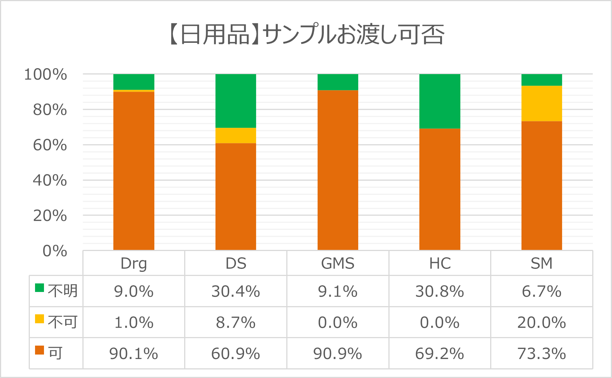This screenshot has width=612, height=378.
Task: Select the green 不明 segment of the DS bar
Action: click(x=236, y=101)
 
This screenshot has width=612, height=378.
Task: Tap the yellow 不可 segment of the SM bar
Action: click(x=541, y=104)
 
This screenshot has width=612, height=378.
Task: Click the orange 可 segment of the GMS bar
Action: click(x=338, y=170)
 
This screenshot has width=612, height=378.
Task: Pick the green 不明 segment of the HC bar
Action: click(x=439, y=101)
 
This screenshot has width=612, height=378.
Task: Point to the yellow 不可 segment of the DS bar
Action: click(x=236, y=136)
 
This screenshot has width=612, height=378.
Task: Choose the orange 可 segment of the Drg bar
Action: click(x=133, y=171)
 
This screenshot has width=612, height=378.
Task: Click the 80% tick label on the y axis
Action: click(x=50, y=110)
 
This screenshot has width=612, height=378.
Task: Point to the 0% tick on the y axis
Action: click(x=55, y=251)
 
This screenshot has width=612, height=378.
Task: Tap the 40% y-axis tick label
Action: click(x=50, y=181)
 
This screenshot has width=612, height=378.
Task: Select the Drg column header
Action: click(x=133, y=264)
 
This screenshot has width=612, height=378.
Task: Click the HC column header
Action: click(x=440, y=264)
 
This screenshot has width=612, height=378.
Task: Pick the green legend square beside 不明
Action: click(x=40, y=288)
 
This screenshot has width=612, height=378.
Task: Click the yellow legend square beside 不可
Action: click(x=40, y=319)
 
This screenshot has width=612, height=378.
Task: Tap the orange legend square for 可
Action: click(x=40, y=350)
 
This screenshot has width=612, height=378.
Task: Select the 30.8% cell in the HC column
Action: click(x=440, y=292)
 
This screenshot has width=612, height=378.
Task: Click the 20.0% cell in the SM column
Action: click(x=542, y=323)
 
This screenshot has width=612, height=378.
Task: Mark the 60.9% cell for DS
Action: click(x=236, y=353)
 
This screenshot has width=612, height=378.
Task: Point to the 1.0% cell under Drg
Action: click(x=133, y=323)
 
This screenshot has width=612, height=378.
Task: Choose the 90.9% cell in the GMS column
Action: click(x=338, y=353)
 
